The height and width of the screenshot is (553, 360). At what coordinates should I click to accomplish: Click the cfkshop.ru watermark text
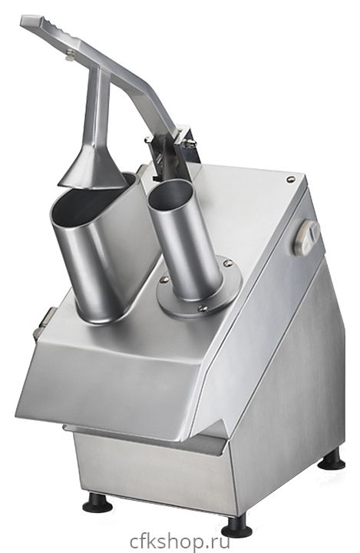(180, 541)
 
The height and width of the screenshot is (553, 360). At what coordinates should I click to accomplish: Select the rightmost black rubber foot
(332, 460)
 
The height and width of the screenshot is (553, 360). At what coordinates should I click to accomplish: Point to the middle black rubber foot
(236, 527)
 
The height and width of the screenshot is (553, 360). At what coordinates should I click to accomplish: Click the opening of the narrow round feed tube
(170, 194)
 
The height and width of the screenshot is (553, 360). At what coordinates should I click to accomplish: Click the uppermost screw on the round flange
(228, 263)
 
